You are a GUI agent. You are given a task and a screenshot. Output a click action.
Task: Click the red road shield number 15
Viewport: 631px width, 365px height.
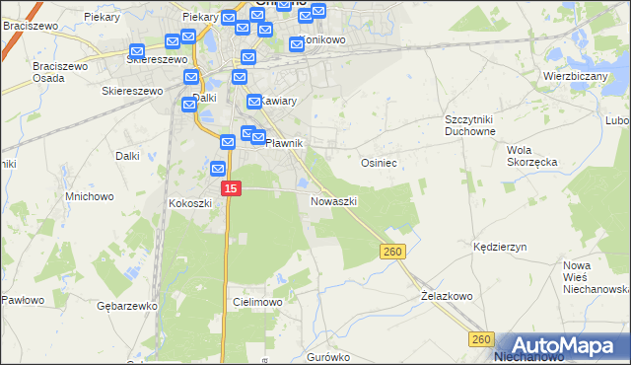coord(230,187)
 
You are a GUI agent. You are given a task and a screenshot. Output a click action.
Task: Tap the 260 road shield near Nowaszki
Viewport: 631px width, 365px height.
coord(392,253)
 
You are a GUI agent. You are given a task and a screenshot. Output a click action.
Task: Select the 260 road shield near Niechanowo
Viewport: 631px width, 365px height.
coord(480,339)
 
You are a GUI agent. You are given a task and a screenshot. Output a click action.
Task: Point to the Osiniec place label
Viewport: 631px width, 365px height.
coord(379,163)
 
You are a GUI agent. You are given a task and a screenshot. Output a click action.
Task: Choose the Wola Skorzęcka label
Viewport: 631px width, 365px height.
coord(531,156)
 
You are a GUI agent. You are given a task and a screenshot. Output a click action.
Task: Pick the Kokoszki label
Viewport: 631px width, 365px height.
coord(190,203)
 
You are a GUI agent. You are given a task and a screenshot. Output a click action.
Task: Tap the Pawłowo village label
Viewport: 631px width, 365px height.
coord(24,300)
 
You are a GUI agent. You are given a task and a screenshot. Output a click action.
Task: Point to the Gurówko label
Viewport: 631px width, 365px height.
coord(328,357)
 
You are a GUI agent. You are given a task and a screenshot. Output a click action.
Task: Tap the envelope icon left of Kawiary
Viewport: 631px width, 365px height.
coord(253,101)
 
